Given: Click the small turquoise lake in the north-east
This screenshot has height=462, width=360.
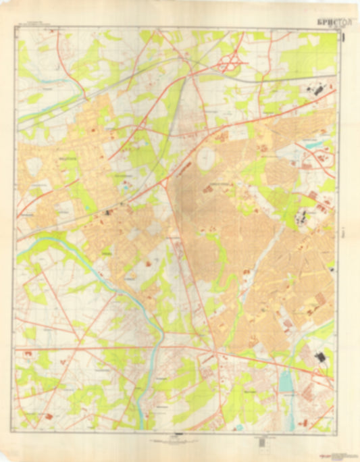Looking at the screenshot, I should tap(313, 144).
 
